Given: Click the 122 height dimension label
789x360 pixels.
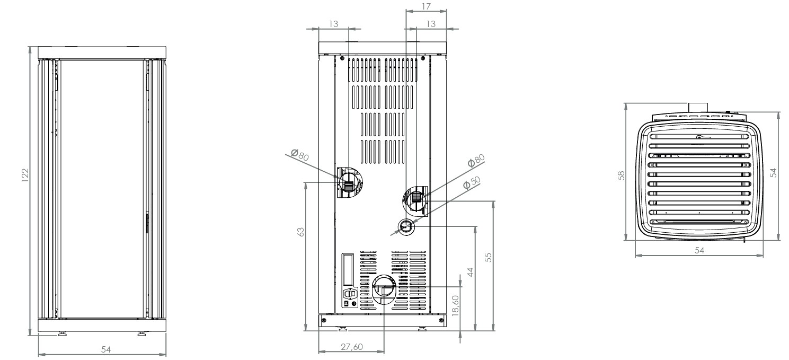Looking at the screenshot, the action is click(x=25, y=175).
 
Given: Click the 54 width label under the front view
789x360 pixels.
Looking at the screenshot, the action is click(x=106, y=349).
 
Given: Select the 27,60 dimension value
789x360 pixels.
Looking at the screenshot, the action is click(x=352, y=347).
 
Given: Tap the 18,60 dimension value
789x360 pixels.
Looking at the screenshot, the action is click(x=455, y=305).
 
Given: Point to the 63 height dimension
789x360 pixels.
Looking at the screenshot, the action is click(x=300, y=232).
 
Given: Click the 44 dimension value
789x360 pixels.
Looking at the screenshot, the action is click(x=470, y=272).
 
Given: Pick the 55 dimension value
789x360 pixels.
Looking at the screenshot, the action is click(x=488, y=257).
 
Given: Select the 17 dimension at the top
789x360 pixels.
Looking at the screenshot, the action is click(x=426, y=6).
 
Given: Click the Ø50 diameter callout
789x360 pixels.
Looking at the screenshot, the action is click(x=472, y=182).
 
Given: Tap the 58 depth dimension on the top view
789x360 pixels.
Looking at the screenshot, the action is click(x=621, y=175).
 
